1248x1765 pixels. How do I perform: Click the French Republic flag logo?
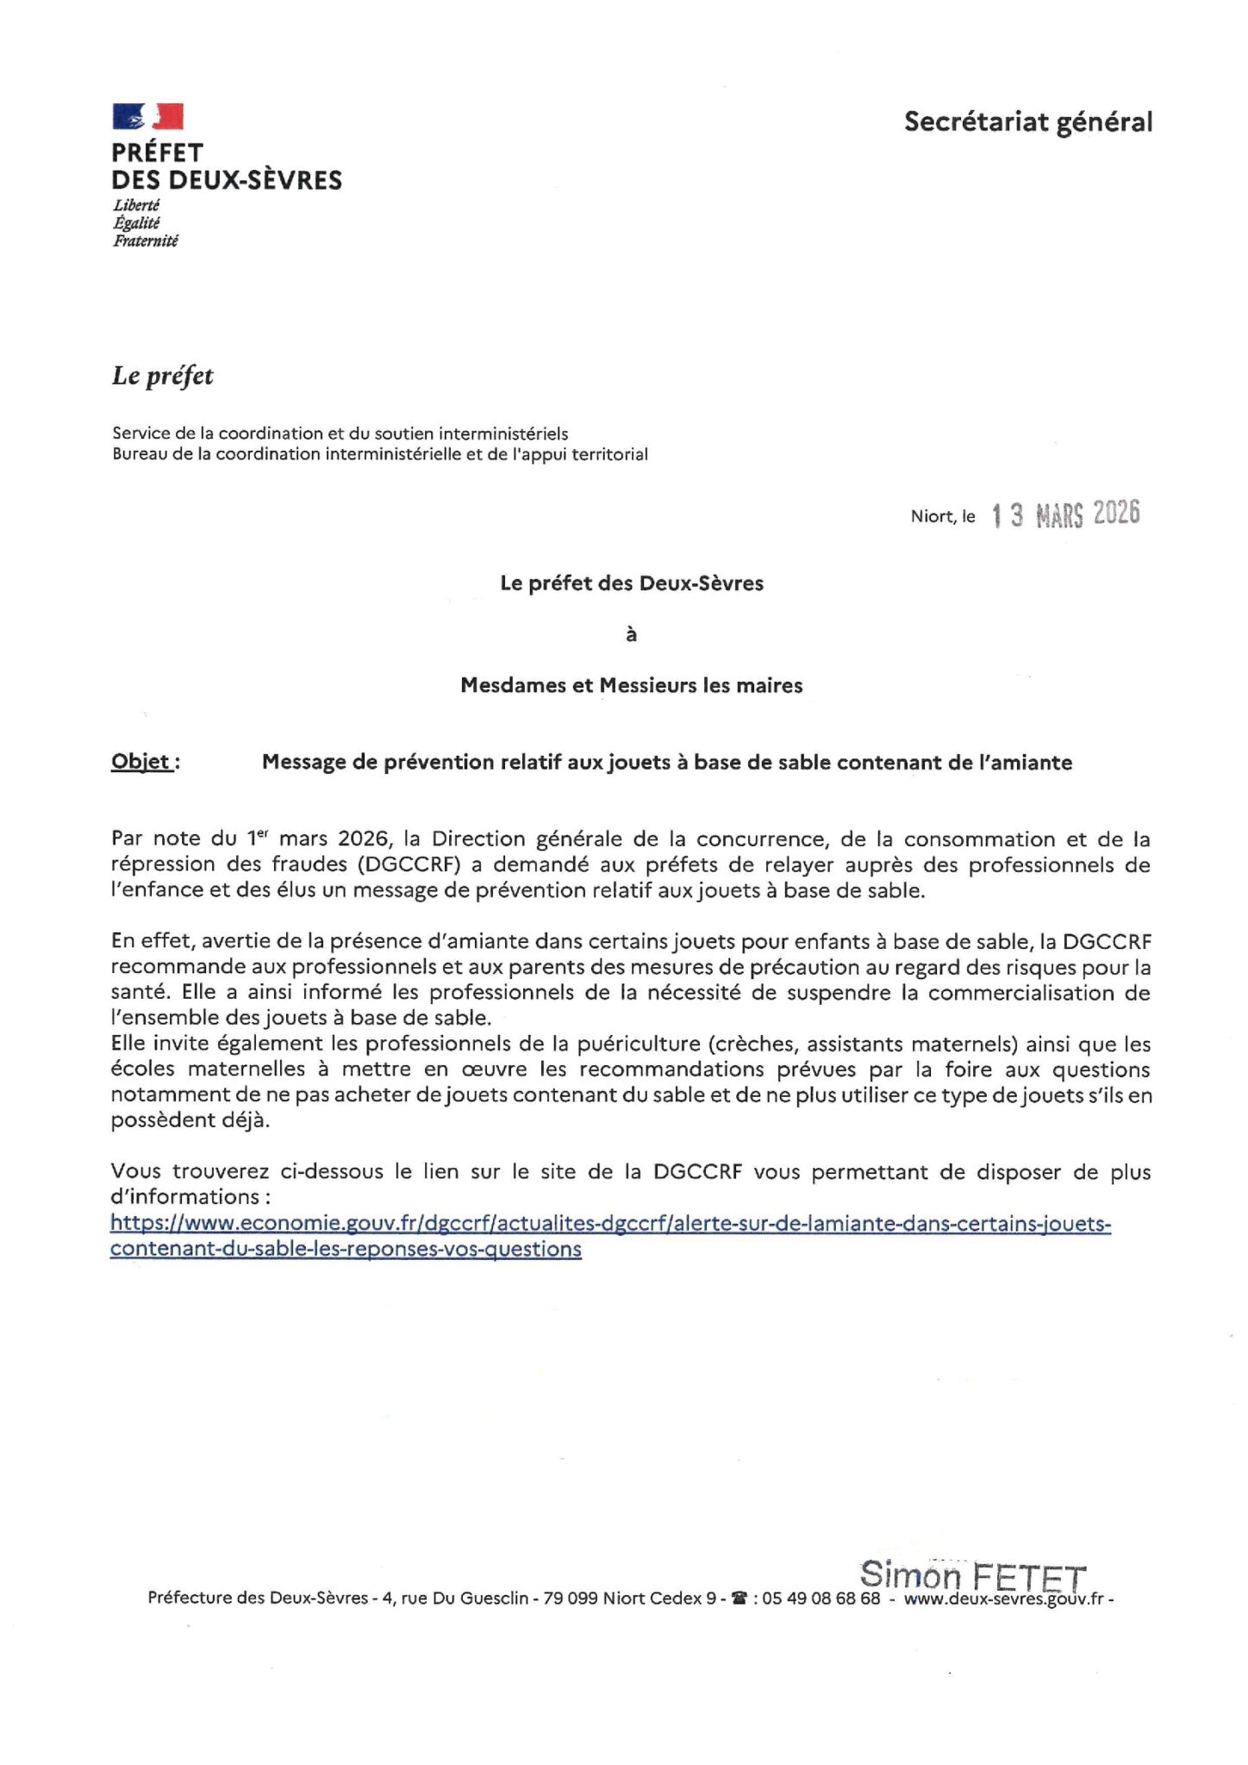click(x=147, y=116)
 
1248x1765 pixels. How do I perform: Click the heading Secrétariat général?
click(x=1027, y=122)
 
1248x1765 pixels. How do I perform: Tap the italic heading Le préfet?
click(x=162, y=376)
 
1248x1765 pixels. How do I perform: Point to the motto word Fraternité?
click(x=145, y=241)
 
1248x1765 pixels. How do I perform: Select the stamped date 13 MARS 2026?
click(x=1066, y=515)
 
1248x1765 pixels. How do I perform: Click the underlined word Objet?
click(x=142, y=762)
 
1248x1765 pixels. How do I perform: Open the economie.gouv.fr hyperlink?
click(x=610, y=1224)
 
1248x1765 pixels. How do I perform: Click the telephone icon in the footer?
click(x=738, y=1598)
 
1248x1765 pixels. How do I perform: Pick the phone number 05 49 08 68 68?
click(x=821, y=1598)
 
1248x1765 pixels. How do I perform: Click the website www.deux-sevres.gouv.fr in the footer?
click(x=1003, y=1599)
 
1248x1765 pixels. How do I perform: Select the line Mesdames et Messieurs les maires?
click(x=631, y=686)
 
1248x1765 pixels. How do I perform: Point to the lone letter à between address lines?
click(x=631, y=635)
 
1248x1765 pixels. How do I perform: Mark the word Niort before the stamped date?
click(x=932, y=516)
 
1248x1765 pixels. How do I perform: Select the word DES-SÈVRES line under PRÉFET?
click(x=227, y=180)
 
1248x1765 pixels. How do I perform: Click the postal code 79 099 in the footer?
click(x=571, y=1598)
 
